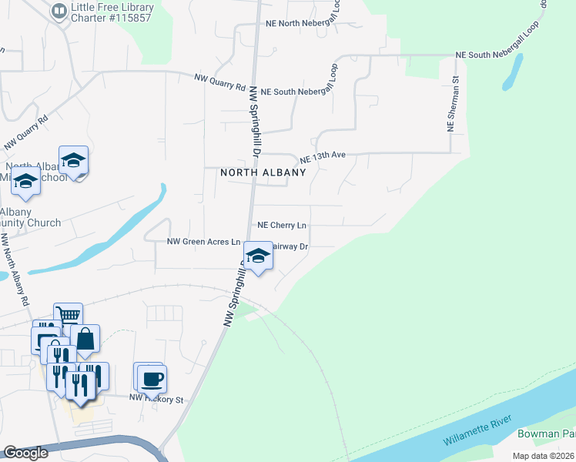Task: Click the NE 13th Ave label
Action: click(x=323, y=156)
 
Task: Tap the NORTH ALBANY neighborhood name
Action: click(x=263, y=172)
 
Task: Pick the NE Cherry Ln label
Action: click(x=281, y=225)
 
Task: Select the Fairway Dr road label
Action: click(x=292, y=246)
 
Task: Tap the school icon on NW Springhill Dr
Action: click(x=258, y=256)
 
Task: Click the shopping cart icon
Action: click(x=68, y=315)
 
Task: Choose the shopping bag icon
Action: click(x=85, y=338)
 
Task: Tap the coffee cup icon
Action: click(x=152, y=378)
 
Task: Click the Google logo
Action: click(x=26, y=454)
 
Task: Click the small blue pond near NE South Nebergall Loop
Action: click(x=511, y=72)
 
